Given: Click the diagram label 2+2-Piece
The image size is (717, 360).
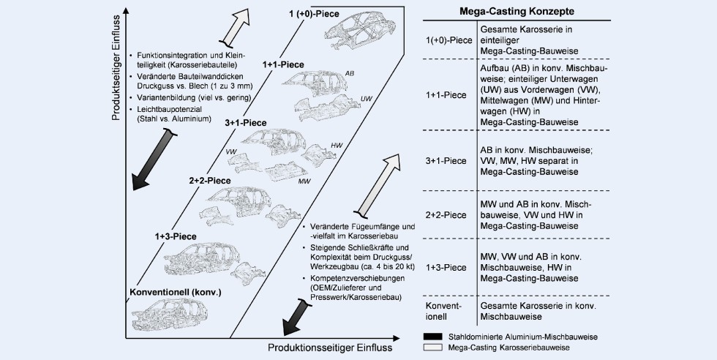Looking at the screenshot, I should pos(210,180).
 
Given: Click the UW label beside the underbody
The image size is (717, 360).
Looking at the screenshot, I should pos(367,100).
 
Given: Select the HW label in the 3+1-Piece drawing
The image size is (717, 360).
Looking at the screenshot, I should pos(337,146).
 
